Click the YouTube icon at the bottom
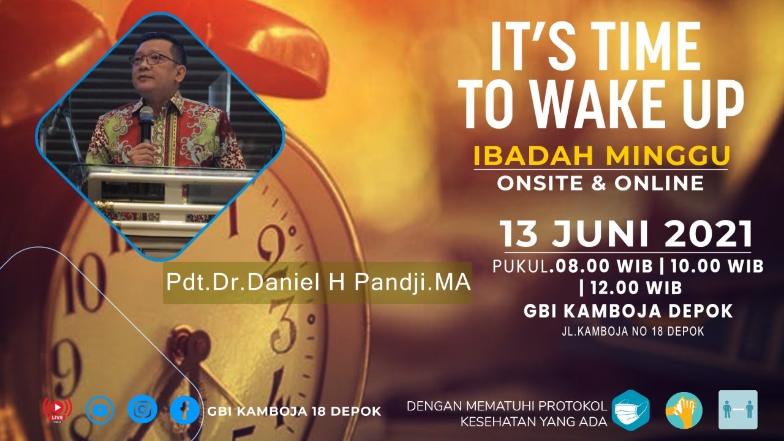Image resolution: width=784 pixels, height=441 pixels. click(x=100, y=409)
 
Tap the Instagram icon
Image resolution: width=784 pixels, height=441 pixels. click(x=142, y=409)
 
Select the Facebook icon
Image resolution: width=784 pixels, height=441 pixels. click(x=184, y=410)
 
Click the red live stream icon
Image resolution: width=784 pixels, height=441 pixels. click(x=57, y=409)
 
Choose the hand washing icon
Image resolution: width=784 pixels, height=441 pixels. click(x=684, y=410)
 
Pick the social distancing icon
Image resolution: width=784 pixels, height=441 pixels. click(x=737, y=410)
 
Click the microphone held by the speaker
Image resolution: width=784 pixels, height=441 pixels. click(x=146, y=121)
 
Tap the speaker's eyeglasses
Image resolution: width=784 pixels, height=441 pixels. click(x=151, y=59)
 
